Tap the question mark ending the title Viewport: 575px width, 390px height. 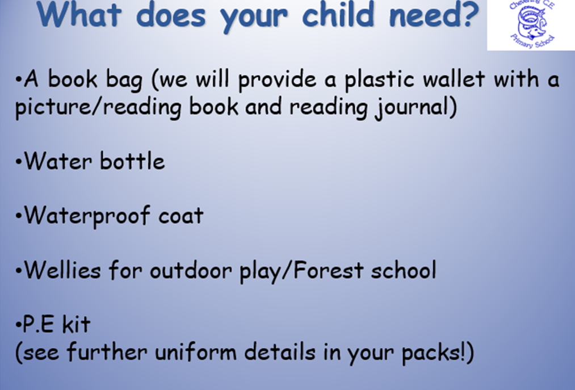pyautogui.click(x=471, y=14)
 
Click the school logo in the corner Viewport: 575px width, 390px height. pyautogui.click(x=531, y=24)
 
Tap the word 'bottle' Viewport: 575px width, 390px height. pyautogui.click(x=132, y=161)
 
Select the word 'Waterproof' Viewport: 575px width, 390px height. pyautogui.click(x=87, y=216)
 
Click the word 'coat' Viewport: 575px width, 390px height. pyautogui.click(x=181, y=216)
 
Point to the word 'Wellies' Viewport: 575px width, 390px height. pyautogui.click(x=62, y=270)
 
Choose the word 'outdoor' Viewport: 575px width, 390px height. pyautogui.click(x=191, y=270)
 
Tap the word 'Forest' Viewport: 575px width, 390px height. pyautogui.click(x=329, y=270)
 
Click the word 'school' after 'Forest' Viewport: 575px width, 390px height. pyautogui.click(x=404, y=270)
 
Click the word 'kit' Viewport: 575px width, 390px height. pyautogui.click(x=76, y=324)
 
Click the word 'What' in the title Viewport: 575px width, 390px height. pyautogui.click(x=79, y=14)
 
